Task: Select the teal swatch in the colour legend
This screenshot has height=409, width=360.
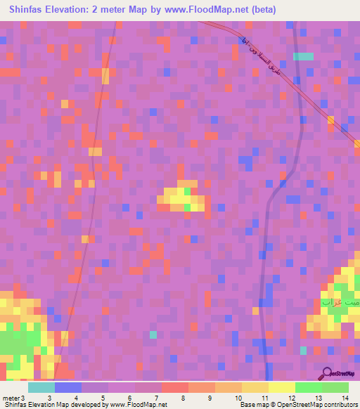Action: coord(41,387)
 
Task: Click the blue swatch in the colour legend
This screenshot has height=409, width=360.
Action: coord(67,387)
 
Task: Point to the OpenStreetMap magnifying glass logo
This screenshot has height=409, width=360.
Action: coord(328,373)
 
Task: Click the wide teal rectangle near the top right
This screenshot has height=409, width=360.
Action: coord(303,56)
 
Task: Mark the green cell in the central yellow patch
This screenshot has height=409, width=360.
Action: coord(187,190)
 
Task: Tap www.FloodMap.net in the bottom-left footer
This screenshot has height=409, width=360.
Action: coord(139,405)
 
